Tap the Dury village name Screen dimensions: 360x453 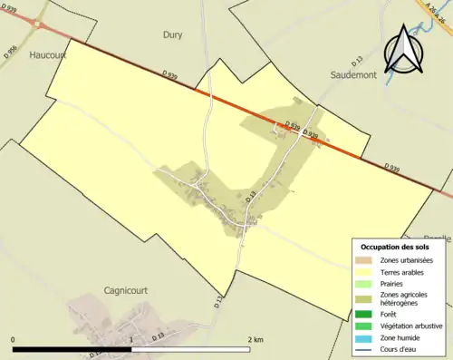(x=172, y=35)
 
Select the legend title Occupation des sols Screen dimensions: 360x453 (x=394, y=247)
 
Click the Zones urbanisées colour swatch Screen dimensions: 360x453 (x=366, y=260)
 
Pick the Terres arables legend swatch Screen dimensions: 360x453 (x=366, y=270)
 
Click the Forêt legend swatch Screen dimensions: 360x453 (x=366, y=314)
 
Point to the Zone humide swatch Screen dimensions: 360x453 (x=366, y=337)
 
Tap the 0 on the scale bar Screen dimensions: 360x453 (x=13, y=340)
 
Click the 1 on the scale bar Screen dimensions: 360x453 (x=132, y=340)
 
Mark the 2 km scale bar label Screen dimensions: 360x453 (x=255, y=340)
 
